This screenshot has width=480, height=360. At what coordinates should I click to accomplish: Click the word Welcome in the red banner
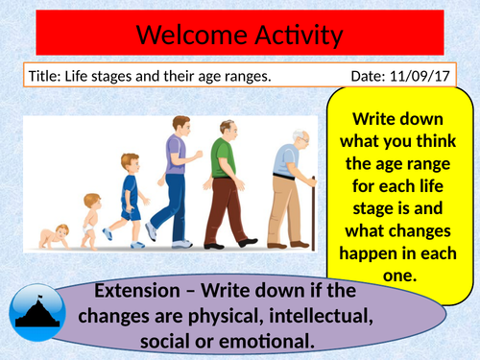pyautogui.click(x=188, y=36)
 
